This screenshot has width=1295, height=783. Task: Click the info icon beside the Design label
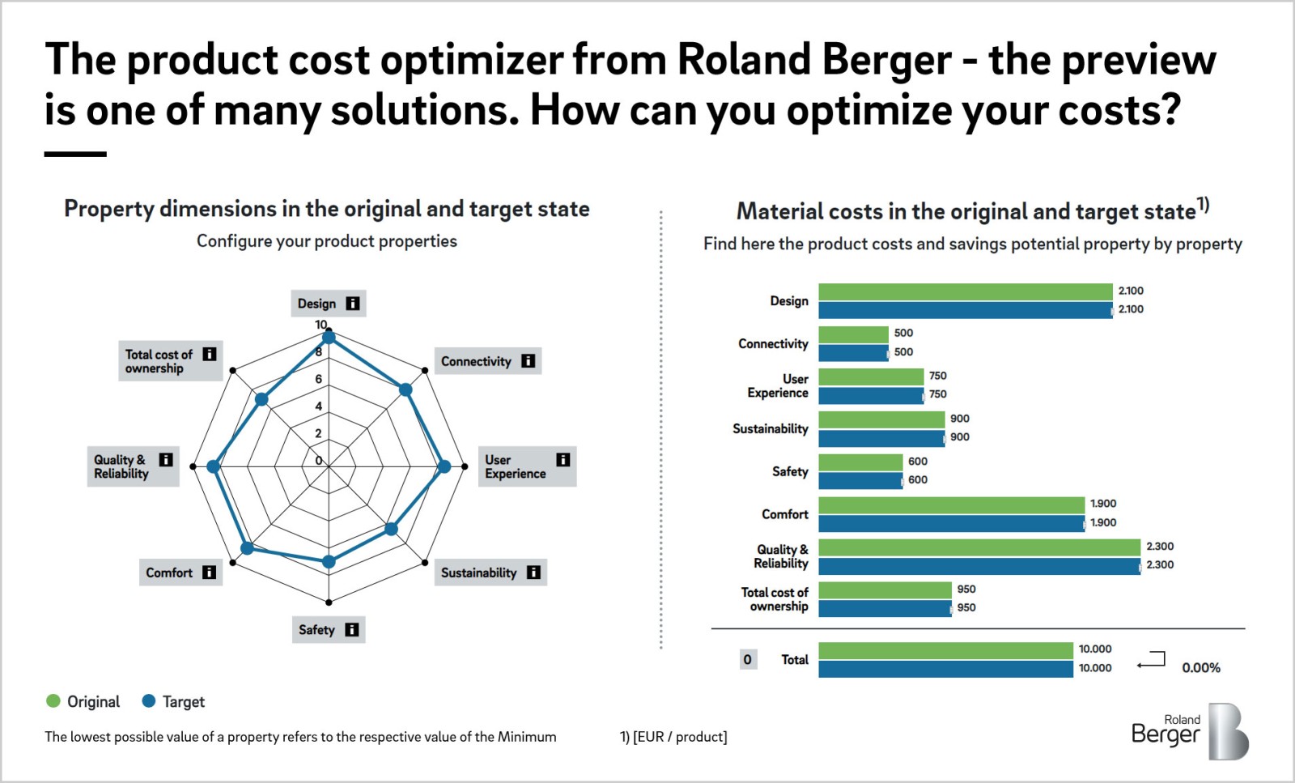coord(353,304)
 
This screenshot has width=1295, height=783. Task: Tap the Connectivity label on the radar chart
coord(476,361)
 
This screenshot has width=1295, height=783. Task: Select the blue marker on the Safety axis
coord(329,561)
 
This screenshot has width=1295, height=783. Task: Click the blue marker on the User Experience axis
coord(444,466)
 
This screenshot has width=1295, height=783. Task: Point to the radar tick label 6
coord(318,379)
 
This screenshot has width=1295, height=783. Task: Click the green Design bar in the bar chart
coord(965,291)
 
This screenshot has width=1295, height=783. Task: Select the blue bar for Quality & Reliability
coord(979,566)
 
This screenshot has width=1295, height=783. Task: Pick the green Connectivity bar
coord(853,334)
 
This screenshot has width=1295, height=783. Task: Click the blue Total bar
coord(945,669)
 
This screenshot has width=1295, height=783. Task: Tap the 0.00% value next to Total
coord(1200,668)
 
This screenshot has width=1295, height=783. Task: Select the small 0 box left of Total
coord(748,659)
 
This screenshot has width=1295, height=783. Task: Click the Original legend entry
coord(83,701)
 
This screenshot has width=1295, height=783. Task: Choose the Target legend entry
coord(173,701)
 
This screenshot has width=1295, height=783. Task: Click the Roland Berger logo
coord(1189,730)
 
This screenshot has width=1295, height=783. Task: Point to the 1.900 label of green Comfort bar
coord(1102,504)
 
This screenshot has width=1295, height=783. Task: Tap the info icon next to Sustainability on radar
coord(533,572)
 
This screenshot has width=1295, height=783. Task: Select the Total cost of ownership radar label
coord(159,361)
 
